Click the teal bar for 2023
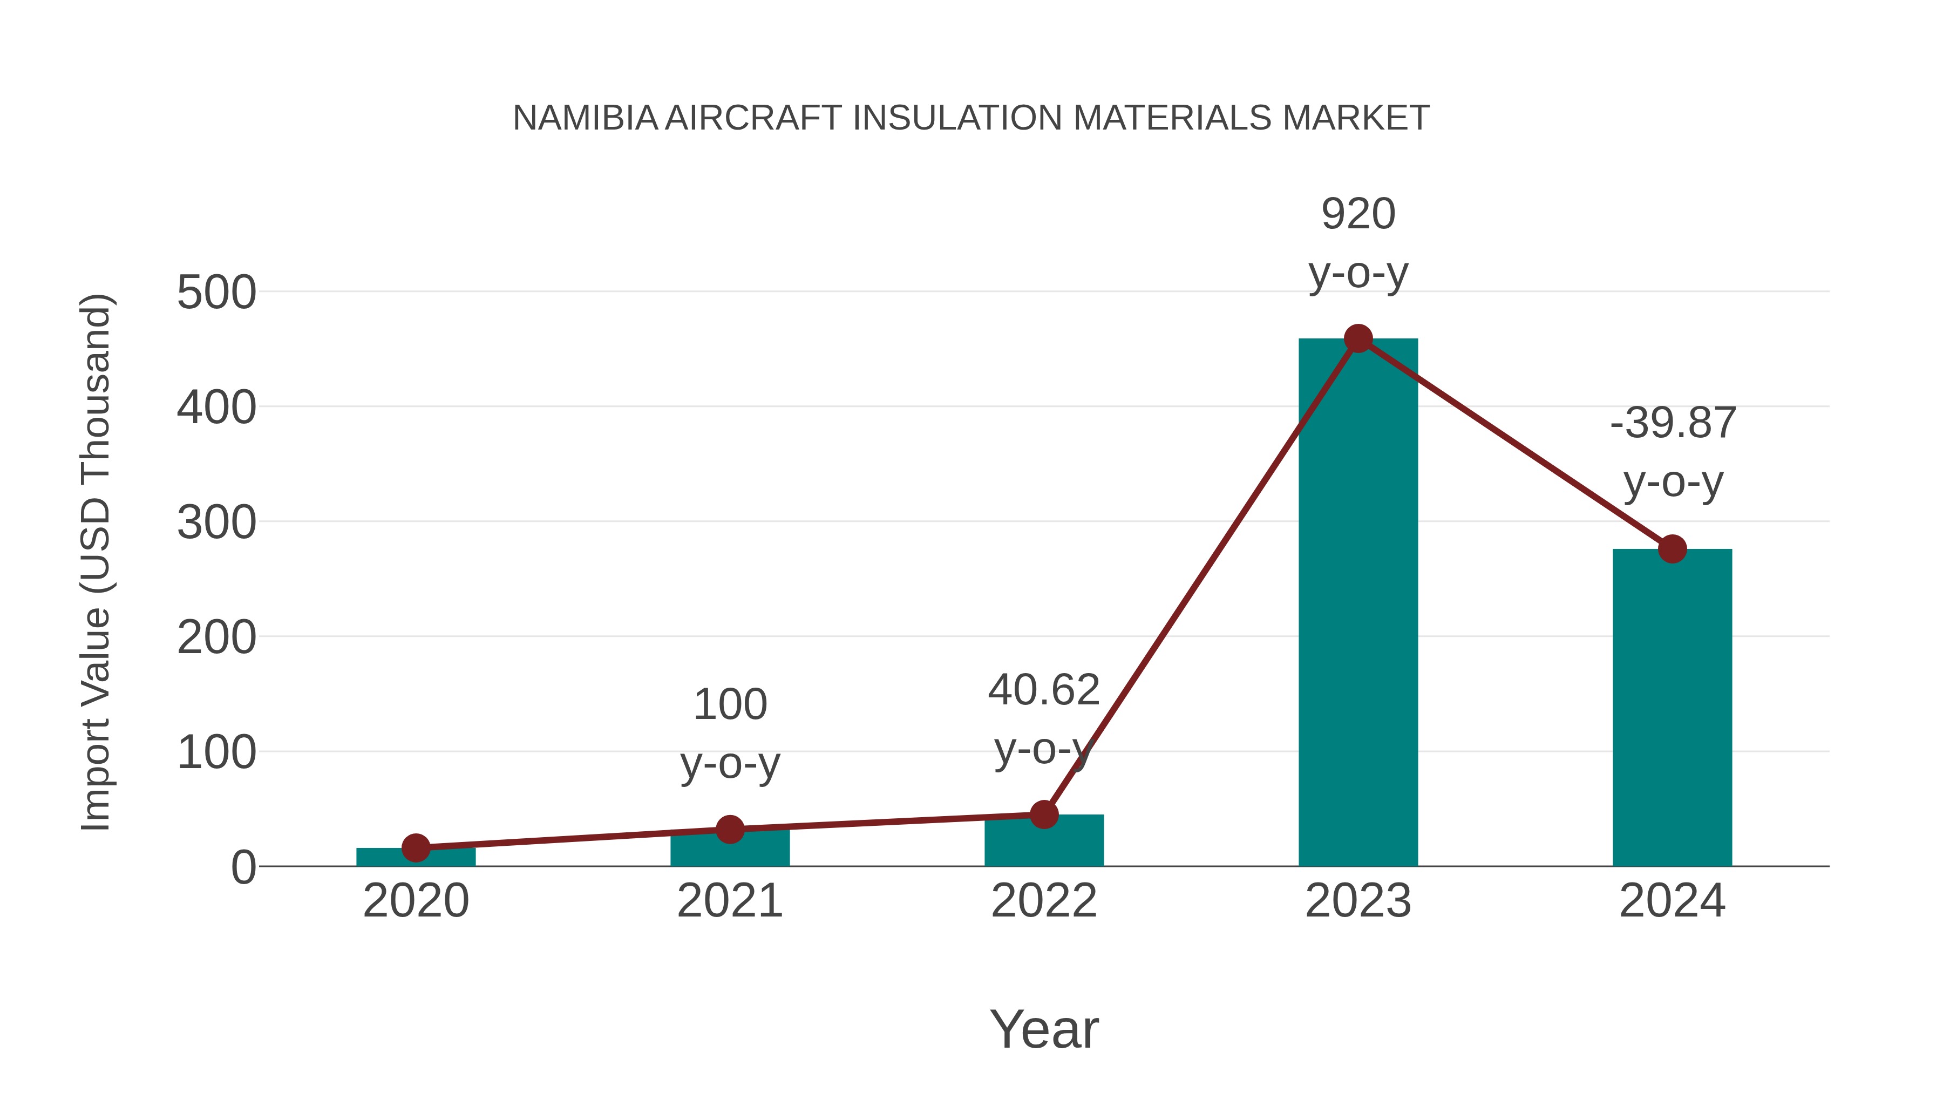[x=1358, y=603]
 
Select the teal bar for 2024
[x=1672, y=709]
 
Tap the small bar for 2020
[x=416, y=858]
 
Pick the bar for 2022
[x=1044, y=841]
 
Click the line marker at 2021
[x=729, y=830]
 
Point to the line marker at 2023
[x=1358, y=338]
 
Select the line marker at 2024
[x=1672, y=548]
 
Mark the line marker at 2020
[x=416, y=848]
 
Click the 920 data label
[x=1358, y=214]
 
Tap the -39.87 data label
[x=1672, y=423]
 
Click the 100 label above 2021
[x=729, y=704]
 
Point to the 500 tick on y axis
[x=216, y=293]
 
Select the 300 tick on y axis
[x=216, y=522]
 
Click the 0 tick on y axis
[x=243, y=867]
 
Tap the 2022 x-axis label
[x=1044, y=901]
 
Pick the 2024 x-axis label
[x=1672, y=901]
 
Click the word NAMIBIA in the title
[x=585, y=118]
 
